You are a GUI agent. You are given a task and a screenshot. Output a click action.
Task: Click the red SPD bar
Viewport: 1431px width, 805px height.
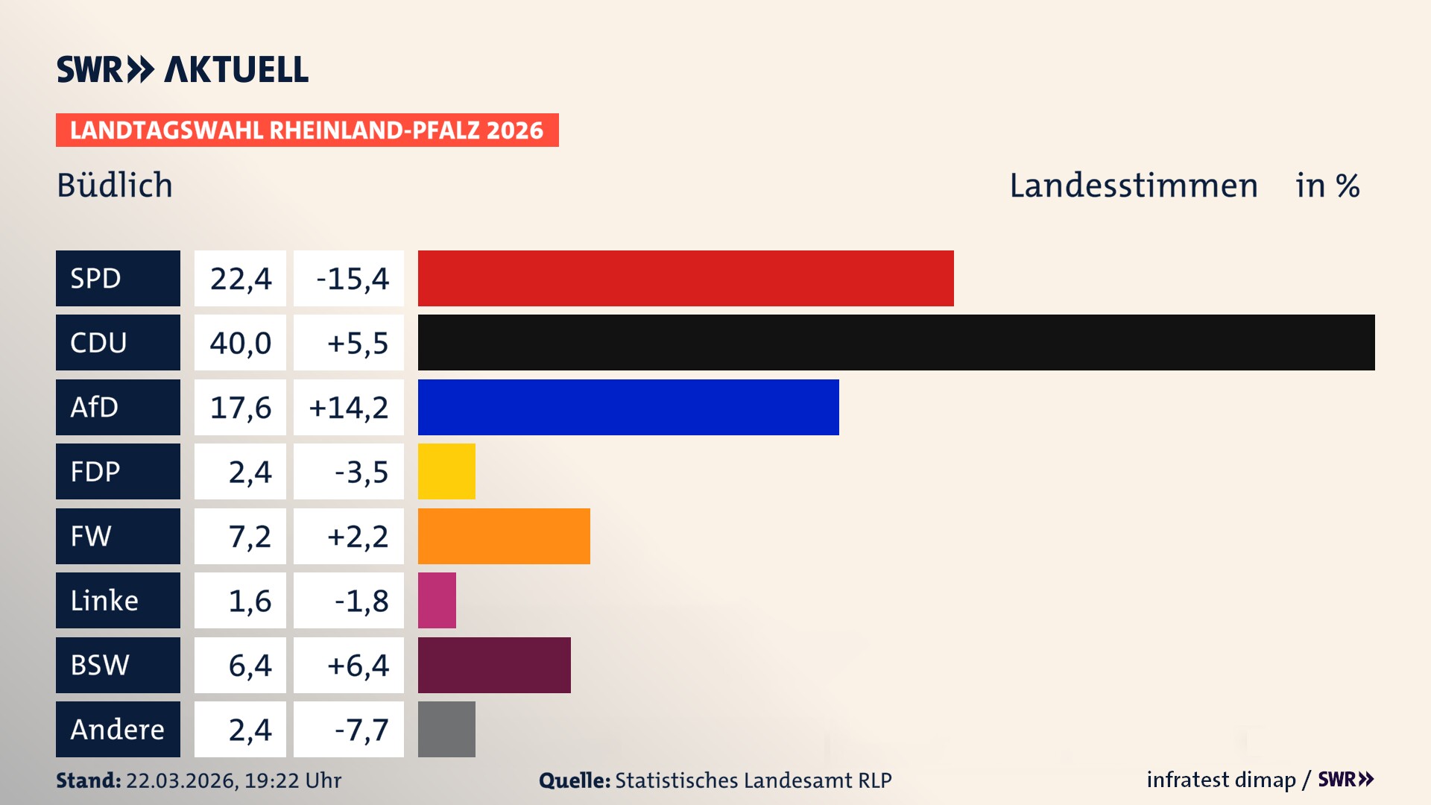pos(686,278)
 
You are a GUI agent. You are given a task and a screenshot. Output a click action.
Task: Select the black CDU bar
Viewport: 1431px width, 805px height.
pos(896,343)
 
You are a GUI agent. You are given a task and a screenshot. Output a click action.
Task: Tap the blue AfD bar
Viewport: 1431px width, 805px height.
pos(628,407)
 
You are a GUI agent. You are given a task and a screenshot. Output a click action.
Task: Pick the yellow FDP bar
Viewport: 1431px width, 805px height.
pos(446,471)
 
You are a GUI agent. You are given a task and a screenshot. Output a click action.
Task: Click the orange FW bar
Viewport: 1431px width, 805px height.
pos(504,536)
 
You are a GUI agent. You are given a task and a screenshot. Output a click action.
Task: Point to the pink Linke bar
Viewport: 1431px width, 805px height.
pos(437,600)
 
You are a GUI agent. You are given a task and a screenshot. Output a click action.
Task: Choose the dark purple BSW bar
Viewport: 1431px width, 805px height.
pos(494,665)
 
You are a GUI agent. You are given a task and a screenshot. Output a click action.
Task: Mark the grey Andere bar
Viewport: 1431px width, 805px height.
pos(446,729)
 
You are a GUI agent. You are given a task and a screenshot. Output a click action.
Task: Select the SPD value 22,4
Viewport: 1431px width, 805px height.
pos(240,279)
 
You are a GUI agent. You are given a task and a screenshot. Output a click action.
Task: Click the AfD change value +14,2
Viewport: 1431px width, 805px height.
pos(348,408)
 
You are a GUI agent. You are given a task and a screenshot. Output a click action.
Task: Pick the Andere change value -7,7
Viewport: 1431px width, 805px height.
pos(361,730)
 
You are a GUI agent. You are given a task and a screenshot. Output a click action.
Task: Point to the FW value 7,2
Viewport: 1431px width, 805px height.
pos(249,537)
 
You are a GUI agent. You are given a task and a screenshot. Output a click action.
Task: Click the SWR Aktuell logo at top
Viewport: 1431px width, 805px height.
pos(182,69)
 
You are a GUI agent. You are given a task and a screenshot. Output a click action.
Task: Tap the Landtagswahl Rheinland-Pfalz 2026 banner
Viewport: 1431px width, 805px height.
pos(307,130)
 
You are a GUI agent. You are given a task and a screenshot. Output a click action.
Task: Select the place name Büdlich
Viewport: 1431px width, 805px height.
pos(115,186)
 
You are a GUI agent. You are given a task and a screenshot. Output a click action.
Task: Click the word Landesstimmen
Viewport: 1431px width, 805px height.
pos(1133,186)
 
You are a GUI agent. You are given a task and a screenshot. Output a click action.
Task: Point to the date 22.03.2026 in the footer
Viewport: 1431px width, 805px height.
pos(180,780)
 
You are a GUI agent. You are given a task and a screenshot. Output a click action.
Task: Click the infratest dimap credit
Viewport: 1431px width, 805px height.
pos(1221,780)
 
